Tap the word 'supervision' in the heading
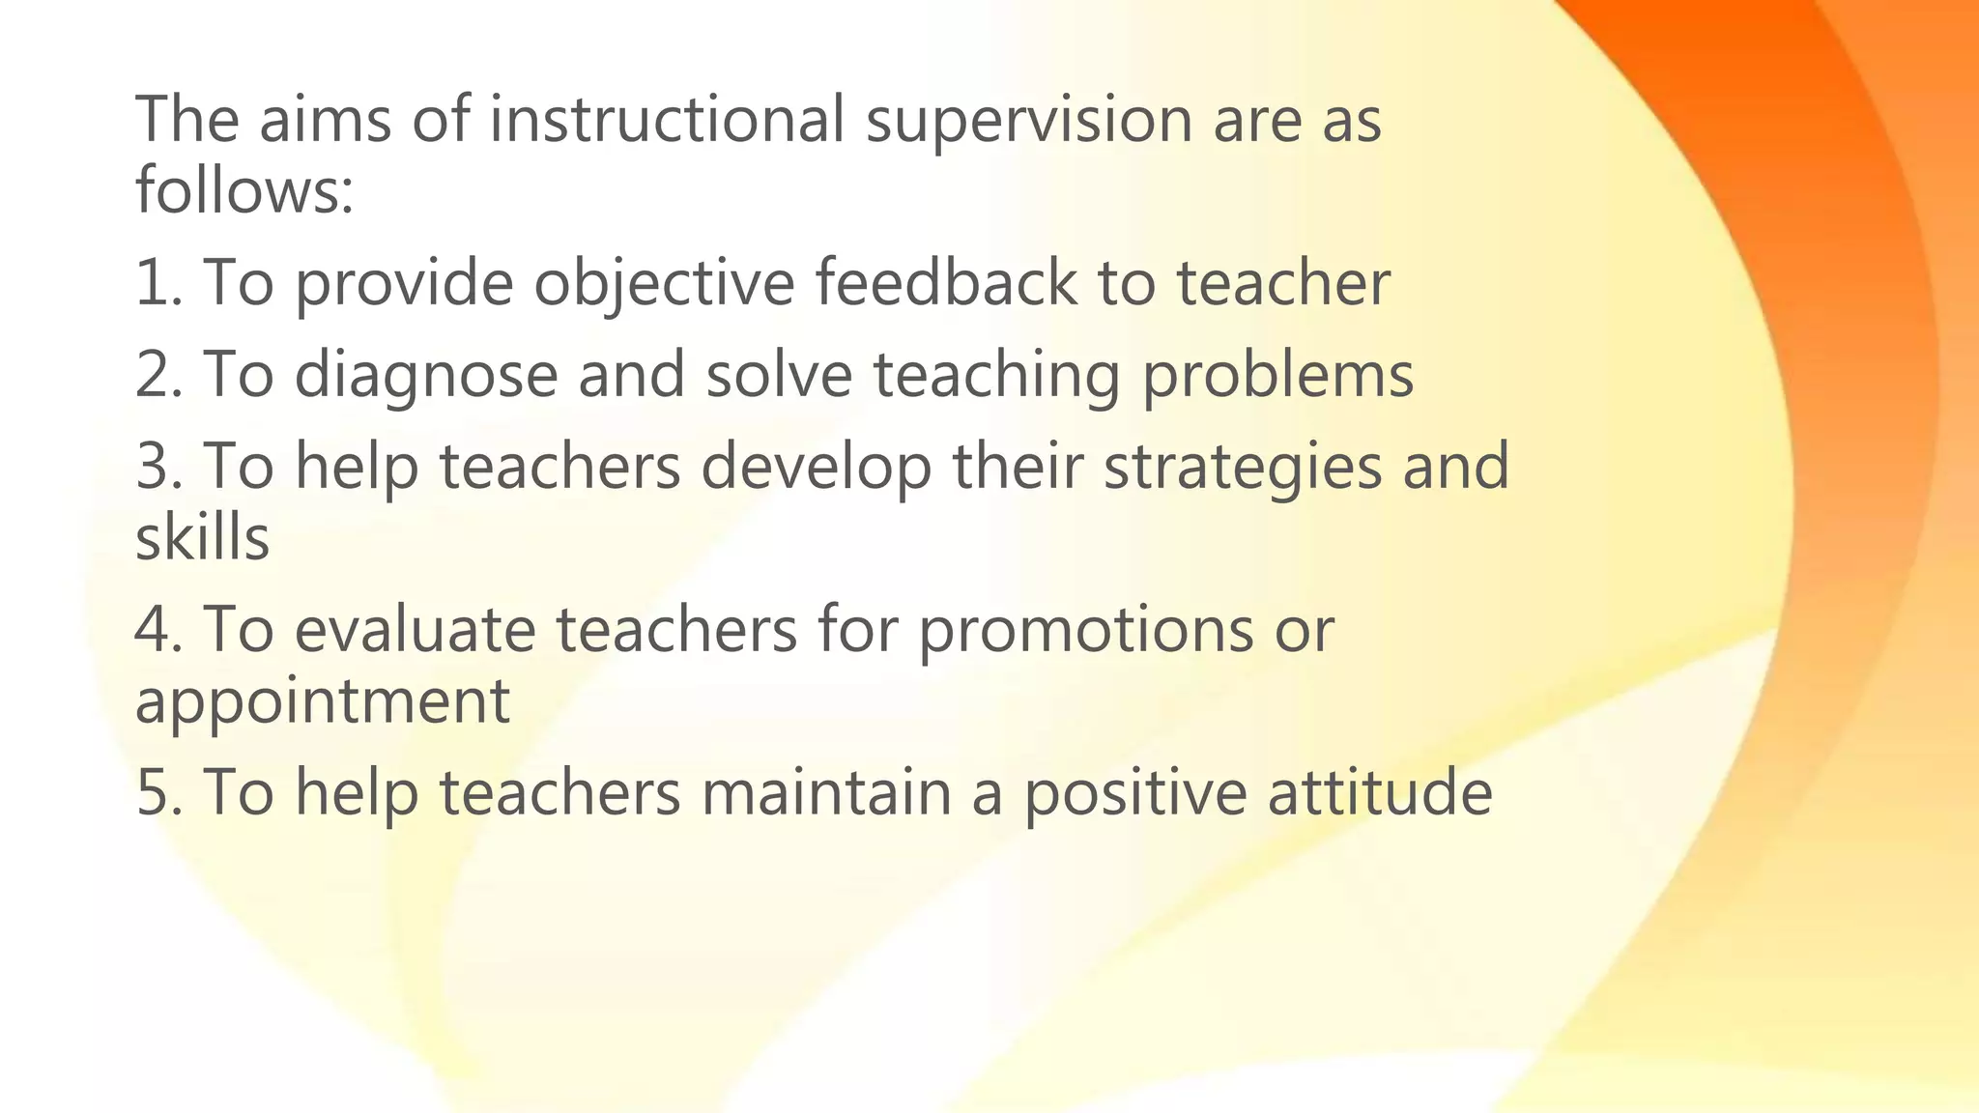coord(1028,122)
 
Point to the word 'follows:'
coord(244,189)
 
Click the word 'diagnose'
coord(425,377)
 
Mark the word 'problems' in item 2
coord(1277,377)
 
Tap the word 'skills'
coord(202,537)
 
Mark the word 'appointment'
coord(322,702)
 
